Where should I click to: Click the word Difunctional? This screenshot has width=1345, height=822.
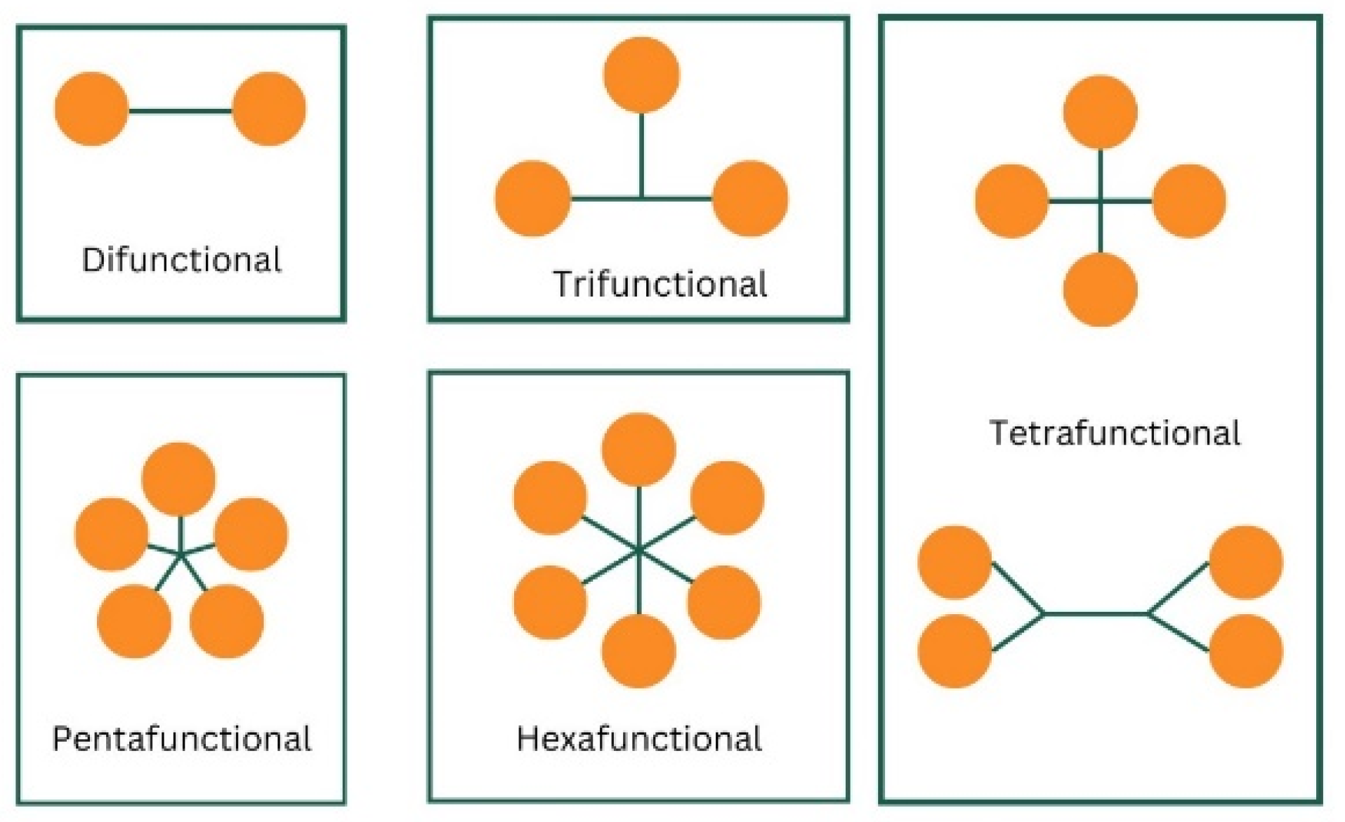click(181, 260)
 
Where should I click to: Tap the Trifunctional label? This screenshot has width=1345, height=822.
click(660, 285)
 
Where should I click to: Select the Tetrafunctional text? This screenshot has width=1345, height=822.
click(1115, 433)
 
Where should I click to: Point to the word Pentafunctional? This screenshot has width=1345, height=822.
click(181, 739)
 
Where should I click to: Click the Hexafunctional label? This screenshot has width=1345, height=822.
click(638, 739)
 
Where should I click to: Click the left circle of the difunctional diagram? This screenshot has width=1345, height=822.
click(92, 109)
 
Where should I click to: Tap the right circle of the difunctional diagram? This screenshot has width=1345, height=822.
click(269, 109)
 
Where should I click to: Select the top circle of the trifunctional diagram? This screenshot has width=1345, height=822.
click(641, 75)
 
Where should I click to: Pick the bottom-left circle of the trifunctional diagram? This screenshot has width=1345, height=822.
click(533, 198)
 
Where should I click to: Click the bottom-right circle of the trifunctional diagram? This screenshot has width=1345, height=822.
click(750, 198)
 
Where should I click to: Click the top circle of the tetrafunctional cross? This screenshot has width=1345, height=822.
click(1100, 112)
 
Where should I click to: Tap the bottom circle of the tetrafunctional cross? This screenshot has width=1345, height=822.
click(1100, 289)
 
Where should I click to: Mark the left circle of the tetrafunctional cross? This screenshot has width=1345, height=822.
click(1011, 201)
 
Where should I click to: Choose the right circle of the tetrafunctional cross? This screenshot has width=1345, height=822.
click(1189, 201)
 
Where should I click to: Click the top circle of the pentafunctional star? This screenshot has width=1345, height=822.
click(179, 479)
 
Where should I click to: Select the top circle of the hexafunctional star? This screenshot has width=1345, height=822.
click(638, 450)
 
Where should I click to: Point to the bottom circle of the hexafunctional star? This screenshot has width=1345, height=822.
click(638, 651)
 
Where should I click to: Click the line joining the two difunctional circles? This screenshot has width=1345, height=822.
click(181, 110)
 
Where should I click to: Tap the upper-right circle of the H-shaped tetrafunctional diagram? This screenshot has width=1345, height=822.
click(1246, 562)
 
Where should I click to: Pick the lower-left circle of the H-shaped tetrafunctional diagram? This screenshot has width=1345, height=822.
click(954, 651)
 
